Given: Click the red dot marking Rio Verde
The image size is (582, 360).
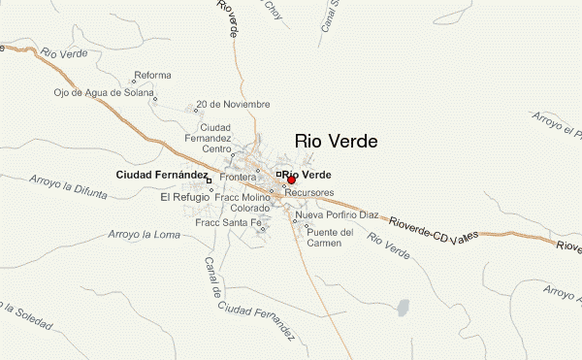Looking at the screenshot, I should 291,180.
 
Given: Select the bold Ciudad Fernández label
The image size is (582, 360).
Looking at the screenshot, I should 161,175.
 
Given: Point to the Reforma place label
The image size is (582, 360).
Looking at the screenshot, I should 153,76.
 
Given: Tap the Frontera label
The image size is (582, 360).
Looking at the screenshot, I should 238,179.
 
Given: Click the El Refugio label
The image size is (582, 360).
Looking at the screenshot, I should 184,197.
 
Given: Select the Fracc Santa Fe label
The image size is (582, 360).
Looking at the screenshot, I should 229,223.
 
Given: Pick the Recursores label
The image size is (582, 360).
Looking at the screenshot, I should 309,194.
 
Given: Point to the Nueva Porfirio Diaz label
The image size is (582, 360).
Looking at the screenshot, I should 337,214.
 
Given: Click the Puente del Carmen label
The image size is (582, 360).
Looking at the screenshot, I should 324,237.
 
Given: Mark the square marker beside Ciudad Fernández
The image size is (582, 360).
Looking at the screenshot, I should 209,180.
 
